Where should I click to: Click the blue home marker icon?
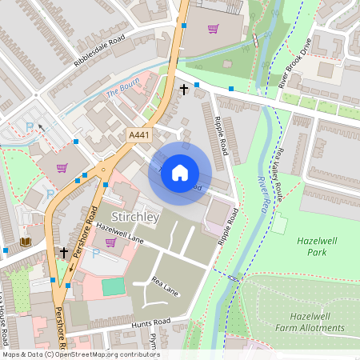[x=180, y=173]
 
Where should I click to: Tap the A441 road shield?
[x=140, y=137]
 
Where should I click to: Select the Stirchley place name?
[x=136, y=217]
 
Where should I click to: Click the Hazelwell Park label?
[x=318, y=246]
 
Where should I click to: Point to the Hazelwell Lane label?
[x=120, y=233]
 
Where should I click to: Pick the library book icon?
[x=25, y=242]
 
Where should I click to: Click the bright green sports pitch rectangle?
[x=114, y=286]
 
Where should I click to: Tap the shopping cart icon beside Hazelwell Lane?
[x=110, y=242]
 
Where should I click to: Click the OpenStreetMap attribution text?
[x=80, y=354]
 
